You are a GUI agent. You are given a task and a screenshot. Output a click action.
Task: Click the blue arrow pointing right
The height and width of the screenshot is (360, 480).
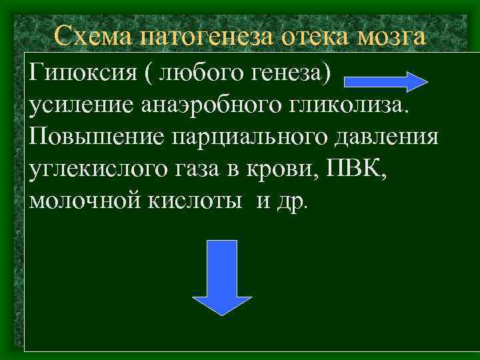pyautogui.click(x=386, y=80)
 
